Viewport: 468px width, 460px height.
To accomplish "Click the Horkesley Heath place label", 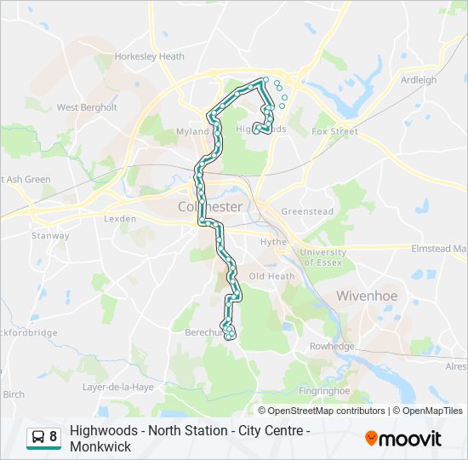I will click(149, 57).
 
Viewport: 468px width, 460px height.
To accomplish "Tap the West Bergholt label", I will click(86, 108).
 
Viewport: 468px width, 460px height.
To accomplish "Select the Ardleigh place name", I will click(418, 81).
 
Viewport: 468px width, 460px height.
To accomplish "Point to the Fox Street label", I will click(334, 132).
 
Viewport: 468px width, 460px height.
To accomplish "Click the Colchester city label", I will click(210, 207).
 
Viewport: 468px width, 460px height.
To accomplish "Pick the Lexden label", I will click(120, 219).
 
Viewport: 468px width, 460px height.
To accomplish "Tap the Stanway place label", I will click(50, 236).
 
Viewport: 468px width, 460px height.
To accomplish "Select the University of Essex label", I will click(323, 257).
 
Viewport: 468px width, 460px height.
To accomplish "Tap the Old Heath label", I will click(271, 277).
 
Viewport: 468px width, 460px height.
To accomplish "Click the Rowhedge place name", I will click(331, 347).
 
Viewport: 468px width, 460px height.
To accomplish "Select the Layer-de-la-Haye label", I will click(118, 387).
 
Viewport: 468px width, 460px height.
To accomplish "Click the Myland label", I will click(192, 132).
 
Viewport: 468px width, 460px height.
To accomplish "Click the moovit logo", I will click(403, 439).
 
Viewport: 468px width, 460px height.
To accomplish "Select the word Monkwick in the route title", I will click(100, 446).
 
